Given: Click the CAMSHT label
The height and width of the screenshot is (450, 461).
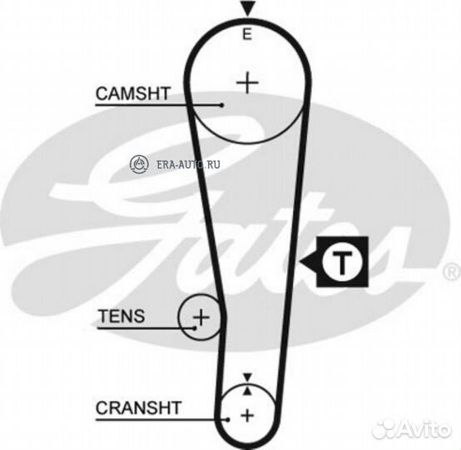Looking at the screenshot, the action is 133,93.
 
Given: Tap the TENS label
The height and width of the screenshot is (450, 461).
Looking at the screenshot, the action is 121,316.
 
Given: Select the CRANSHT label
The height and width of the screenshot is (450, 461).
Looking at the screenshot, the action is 138,407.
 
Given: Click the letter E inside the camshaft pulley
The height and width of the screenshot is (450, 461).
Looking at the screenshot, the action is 247,34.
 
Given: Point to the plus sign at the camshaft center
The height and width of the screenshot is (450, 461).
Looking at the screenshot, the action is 247,82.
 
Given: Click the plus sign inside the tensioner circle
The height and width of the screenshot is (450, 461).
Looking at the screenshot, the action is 201,317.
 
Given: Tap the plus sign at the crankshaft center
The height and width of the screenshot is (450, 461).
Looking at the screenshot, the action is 247,416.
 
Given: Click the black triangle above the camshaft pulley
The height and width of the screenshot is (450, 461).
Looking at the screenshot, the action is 247,8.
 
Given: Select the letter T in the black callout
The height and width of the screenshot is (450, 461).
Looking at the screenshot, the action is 342,262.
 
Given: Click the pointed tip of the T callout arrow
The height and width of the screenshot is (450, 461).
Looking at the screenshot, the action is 300,261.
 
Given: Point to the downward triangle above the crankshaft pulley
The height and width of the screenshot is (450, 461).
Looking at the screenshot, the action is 248,377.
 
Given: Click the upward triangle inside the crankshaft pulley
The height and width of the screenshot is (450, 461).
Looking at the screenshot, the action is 248,391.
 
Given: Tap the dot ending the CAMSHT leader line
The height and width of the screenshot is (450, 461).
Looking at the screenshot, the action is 222,105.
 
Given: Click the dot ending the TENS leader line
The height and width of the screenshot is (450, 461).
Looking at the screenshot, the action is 195,327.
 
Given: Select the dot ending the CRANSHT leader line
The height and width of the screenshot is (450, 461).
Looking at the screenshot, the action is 227,419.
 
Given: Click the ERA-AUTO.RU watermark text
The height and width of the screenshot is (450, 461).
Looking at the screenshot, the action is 188,164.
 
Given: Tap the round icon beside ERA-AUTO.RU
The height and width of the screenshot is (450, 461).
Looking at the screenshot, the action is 139,163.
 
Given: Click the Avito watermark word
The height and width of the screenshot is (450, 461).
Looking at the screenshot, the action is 425,430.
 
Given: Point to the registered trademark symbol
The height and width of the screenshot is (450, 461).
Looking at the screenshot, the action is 452,272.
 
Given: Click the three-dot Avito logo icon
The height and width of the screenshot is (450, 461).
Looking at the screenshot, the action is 385,431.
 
